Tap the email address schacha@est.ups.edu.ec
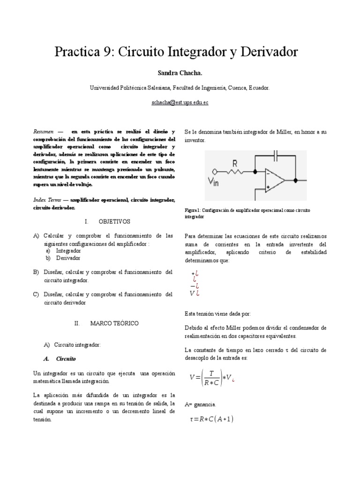(180, 102)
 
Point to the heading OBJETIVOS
(114, 221)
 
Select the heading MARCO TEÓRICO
(114, 323)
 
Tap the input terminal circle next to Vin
(215, 171)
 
